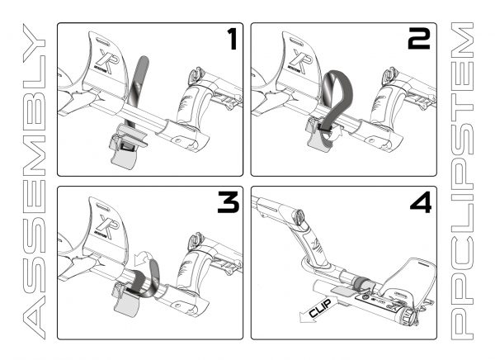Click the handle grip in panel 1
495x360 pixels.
(x=190, y=111)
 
